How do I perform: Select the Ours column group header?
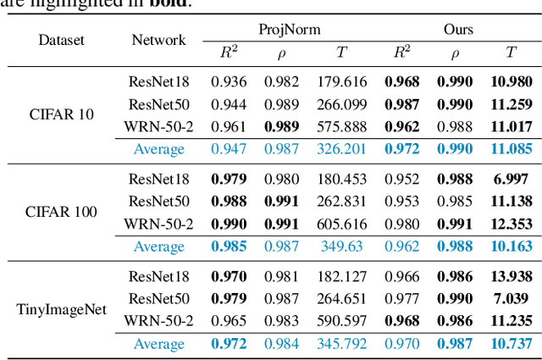click(x=458, y=30)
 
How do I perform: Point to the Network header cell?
click(x=158, y=40)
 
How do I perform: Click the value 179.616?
click(x=341, y=82)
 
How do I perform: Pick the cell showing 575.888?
click(x=341, y=126)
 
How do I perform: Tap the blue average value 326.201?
click(x=341, y=149)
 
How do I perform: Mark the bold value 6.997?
click(x=511, y=180)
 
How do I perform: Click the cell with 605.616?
click(x=341, y=224)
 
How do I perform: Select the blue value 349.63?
click(x=341, y=246)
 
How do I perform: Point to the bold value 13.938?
click(x=511, y=277)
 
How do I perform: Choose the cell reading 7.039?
click(x=511, y=298)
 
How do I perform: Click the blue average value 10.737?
click(x=511, y=344)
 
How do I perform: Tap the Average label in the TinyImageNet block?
click(x=158, y=344)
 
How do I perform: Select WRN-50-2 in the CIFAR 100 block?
click(x=158, y=224)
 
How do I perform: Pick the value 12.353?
click(x=511, y=224)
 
